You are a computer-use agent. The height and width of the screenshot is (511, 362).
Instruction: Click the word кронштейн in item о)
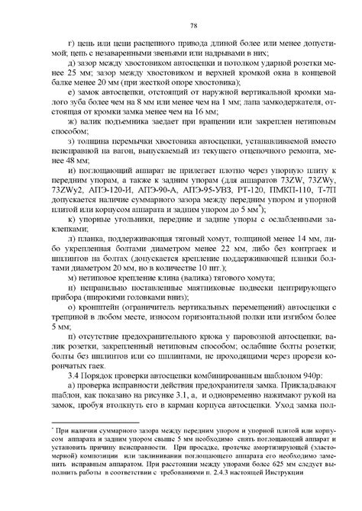pyautogui.click(x=93, y=302)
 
